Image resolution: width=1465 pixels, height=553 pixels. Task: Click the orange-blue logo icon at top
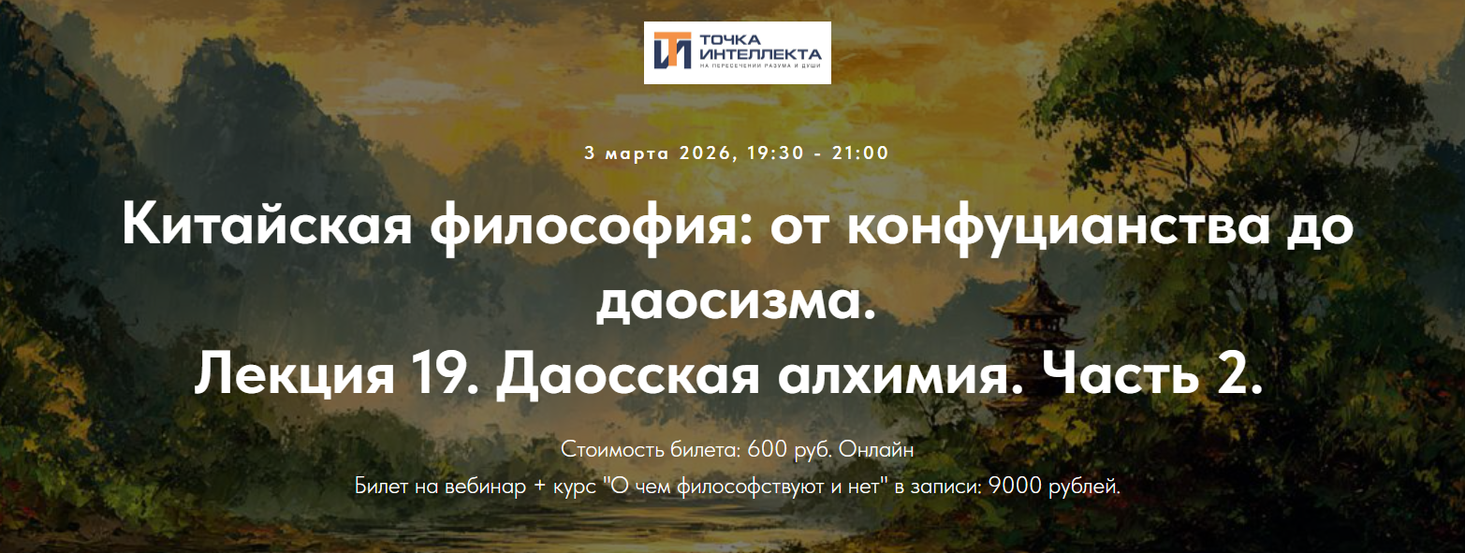click(673, 52)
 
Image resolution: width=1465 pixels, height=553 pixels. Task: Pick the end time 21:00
click(860, 153)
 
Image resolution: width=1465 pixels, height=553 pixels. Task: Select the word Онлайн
click(876, 449)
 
